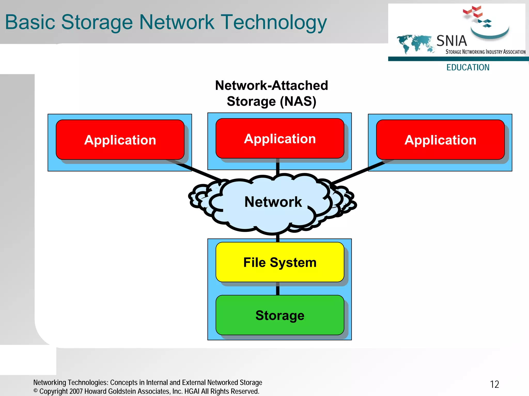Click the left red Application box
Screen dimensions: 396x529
coord(120,140)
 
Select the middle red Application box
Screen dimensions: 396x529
coord(280,139)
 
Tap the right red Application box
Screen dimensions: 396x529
coord(440,140)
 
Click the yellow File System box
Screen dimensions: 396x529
coord(280,262)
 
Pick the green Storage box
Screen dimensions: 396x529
coord(280,315)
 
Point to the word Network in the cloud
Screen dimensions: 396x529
coord(273,202)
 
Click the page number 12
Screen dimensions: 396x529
coord(494,384)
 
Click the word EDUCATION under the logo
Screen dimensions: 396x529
coord(468,67)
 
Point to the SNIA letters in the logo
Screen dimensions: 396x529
coord(452,41)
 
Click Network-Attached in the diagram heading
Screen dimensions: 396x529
coord(271,85)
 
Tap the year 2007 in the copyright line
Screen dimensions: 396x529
coord(76,391)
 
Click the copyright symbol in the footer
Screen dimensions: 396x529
coord(36,391)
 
